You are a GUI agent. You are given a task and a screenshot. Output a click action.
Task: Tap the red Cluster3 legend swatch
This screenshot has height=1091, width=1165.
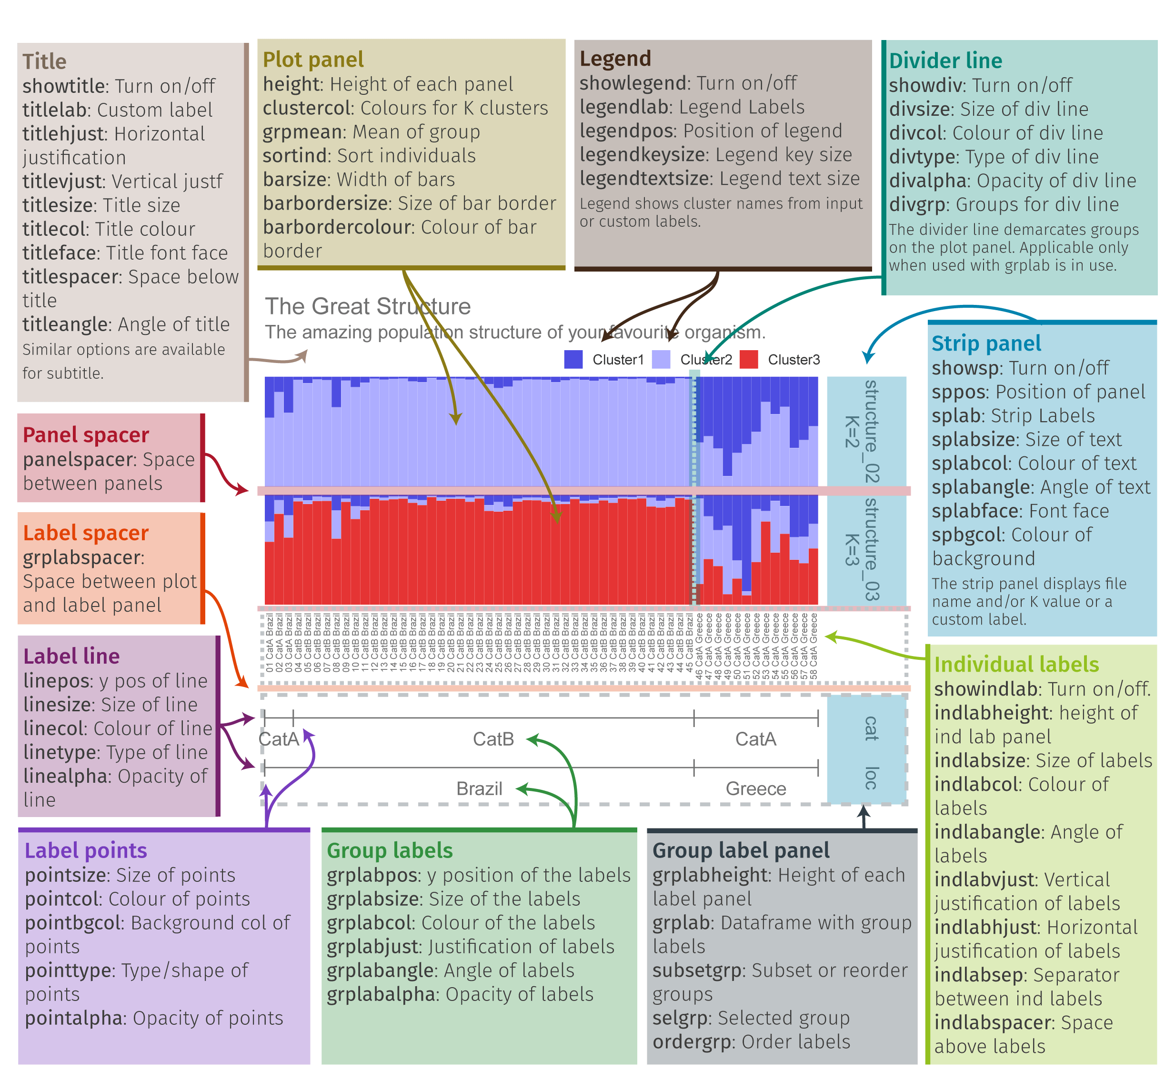(748, 359)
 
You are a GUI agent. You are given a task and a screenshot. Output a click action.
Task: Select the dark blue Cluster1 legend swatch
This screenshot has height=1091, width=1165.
(573, 359)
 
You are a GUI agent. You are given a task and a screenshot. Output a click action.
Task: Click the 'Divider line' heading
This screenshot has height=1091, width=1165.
(945, 61)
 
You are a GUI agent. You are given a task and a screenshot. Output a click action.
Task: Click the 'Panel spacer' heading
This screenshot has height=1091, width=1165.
(86, 435)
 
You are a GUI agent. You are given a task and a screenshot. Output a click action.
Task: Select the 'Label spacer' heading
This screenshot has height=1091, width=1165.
(86, 533)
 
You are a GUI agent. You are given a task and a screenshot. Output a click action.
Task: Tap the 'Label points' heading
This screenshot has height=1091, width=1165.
(86, 850)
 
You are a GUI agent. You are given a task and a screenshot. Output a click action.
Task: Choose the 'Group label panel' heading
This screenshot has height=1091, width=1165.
(741, 850)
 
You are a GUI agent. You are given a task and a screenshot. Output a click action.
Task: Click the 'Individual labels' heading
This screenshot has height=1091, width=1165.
(1016, 665)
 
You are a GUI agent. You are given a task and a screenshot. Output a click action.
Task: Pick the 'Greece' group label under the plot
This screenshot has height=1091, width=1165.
(756, 788)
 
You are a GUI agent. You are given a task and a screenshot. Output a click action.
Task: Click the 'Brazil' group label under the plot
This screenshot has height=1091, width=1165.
(479, 788)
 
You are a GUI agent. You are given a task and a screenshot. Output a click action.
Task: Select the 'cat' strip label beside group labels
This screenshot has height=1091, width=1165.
(871, 729)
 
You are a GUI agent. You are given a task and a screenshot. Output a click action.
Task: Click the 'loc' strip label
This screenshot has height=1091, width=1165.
(871, 778)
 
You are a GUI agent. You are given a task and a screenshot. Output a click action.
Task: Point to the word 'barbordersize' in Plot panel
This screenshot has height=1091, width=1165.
(326, 203)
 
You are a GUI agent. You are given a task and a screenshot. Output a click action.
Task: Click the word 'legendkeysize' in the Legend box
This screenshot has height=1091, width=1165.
(642, 155)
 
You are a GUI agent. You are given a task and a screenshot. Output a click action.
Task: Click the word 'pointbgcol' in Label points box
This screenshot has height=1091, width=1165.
(73, 923)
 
